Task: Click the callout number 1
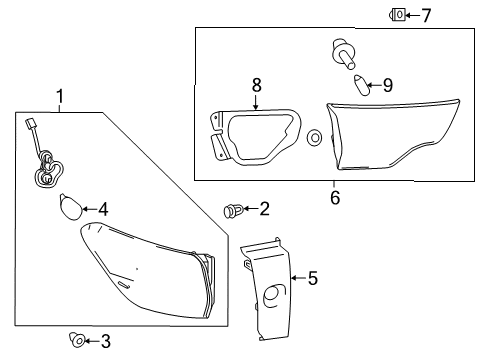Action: click(60, 96)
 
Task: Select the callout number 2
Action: click(264, 209)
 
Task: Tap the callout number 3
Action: click(106, 341)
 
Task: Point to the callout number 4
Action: click(103, 210)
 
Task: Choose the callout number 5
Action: click(313, 278)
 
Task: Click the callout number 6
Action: click(335, 197)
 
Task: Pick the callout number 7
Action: click(426, 16)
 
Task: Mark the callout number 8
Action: click(256, 85)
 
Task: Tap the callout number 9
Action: click(388, 85)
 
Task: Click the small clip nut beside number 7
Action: click(397, 15)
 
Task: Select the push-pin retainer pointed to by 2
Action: click(233, 211)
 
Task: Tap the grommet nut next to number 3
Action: click(77, 340)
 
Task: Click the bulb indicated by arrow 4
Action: click(70, 207)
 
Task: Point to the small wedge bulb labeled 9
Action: click(361, 85)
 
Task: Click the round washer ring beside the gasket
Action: click(314, 137)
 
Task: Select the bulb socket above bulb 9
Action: click(343, 54)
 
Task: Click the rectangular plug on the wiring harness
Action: click(30, 125)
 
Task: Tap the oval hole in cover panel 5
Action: click(274, 295)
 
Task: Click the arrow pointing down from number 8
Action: click(256, 102)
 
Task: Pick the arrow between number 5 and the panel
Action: click(299, 278)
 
